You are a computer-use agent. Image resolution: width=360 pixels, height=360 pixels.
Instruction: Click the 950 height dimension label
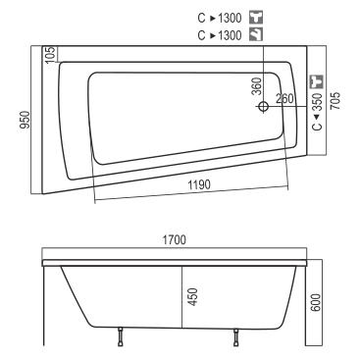(x=26, y=120)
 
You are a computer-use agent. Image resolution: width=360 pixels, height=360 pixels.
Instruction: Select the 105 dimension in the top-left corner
(x=50, y=54)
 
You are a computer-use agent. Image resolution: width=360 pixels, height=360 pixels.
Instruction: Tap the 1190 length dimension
(x=199, y=185)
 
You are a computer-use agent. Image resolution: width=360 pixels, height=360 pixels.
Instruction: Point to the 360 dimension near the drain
(x=258, y=86)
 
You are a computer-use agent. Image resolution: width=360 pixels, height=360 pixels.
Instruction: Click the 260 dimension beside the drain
(x=284, y=99)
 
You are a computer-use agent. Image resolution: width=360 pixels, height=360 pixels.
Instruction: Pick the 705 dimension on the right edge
(x=335, y=100)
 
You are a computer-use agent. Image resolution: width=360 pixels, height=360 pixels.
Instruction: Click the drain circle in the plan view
(x=263, y=106)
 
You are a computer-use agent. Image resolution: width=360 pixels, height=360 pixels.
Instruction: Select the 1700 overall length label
(x=175, y=240)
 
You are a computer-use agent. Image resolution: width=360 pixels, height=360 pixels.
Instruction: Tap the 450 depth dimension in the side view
(x=193, y=297)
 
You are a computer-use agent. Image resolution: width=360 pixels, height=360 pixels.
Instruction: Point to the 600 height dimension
(x=316, y=303)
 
